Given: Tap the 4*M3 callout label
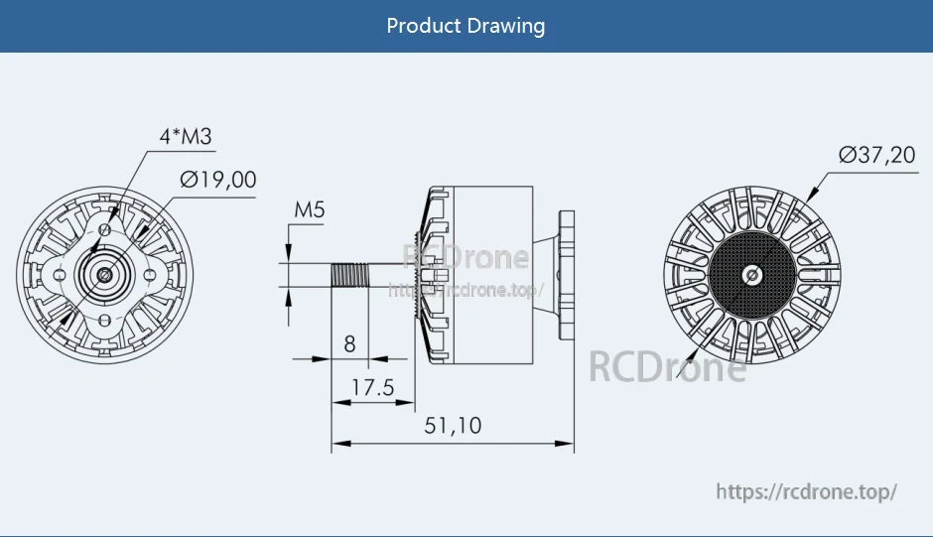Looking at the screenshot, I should (x=186, y=137).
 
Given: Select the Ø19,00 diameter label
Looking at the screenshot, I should (x=217, y=180).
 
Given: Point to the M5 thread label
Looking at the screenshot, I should (x=310, y=210).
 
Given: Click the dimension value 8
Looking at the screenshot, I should (x=349, y=344).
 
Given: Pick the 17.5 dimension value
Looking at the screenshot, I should (x=372, y=387).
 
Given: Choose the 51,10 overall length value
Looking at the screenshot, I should (x=453, y=426).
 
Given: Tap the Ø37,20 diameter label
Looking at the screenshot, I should (x=876, y=155).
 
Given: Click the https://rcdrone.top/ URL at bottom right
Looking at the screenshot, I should (x=806, y=491).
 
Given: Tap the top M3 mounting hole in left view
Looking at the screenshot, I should (x=105, y=228).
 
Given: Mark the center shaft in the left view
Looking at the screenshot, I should (x=104, y=273).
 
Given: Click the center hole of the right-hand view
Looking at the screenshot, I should (x=750, y=274).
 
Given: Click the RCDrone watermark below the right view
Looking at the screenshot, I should (x=667, y=366).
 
